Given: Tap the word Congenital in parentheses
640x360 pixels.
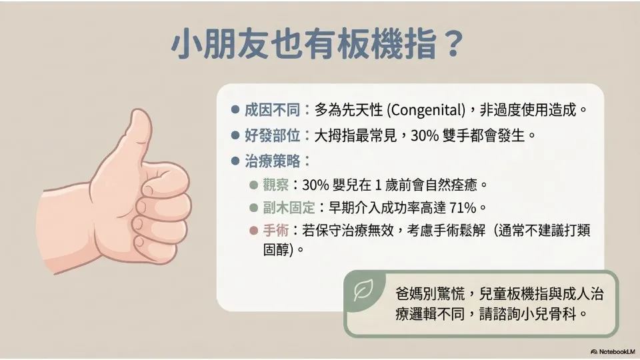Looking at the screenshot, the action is pyautogui.click(x=427, y=110).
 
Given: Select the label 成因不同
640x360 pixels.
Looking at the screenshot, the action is pyautogui.click(x=272, y=110).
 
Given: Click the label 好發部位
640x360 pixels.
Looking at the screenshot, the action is pyautogui.click(x=272, y=135).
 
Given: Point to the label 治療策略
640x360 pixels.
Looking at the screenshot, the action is pyautogui.click(x=272, y=161).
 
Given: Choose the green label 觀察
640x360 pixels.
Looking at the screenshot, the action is pyautogui.click(x=275, y=185).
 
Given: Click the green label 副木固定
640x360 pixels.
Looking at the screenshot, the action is pyautogui.click(x=289, y=207).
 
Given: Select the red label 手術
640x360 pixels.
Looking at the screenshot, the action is pyautogui.click(x=275, y=230).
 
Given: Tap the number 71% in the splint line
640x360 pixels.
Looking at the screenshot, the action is pyautogui.click(x=463, y=208).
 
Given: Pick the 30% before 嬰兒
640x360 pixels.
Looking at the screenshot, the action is pyautogui.click(x=315, y=185).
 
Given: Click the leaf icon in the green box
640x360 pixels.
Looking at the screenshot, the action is pyautogui.click(x=363, y=290).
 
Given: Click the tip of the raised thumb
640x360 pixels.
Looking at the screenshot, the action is pyautogui.click(x=139, y=111).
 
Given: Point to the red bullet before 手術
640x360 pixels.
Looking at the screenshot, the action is pyautogui.click(x=253, y=231).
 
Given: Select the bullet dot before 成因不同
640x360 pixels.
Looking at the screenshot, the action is pyautogui.click(x=235, y=110).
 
